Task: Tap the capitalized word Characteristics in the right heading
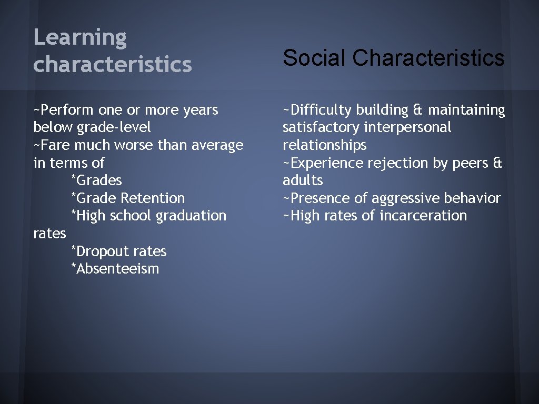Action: coord(428,58)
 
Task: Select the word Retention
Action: coord(153,198)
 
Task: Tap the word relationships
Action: coord(324,145)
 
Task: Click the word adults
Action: coord(302,180)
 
